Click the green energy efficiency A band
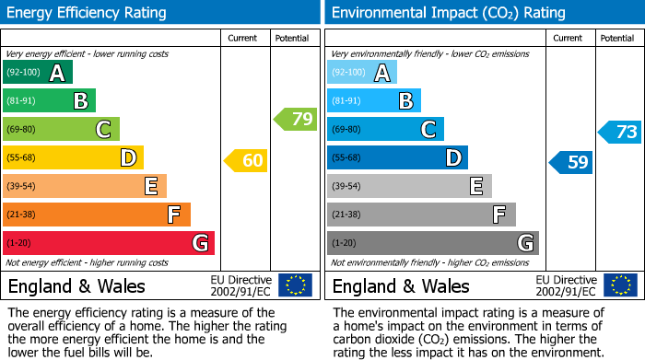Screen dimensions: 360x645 [38, 73]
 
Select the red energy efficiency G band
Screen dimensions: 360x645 [109, 243]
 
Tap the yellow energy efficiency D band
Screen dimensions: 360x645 [74, 158]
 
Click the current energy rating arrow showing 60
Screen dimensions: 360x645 [246, 161]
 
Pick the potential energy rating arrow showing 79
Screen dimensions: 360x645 [296, 119]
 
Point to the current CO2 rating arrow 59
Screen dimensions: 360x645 [571, 163]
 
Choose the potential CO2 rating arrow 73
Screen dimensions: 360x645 [620, 132]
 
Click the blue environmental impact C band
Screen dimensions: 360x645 [385, 130]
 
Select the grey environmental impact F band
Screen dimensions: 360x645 [421, 215]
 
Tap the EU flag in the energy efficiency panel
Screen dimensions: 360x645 [295, 285]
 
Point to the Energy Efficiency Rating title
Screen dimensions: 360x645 [88, 13]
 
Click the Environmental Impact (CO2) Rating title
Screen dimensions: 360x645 [448, 13]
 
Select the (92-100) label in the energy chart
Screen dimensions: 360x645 [24, 73]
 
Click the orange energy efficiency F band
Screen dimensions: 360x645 [97, 215]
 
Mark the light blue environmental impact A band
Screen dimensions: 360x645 [362, 73]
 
